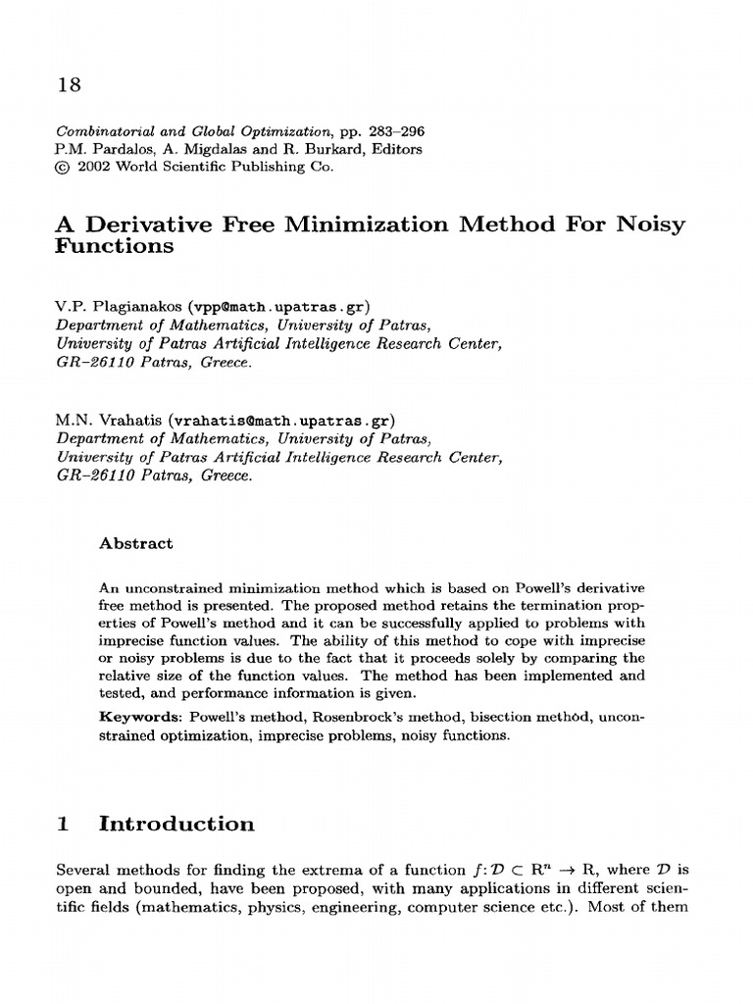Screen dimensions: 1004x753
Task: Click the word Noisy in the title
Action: [x=649, y=225]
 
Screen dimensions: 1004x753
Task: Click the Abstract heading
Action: [x=136, y=543]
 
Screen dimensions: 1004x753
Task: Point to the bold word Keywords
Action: [x=140, y=717]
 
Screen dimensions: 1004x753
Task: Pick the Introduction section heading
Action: [x=177, y=825]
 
